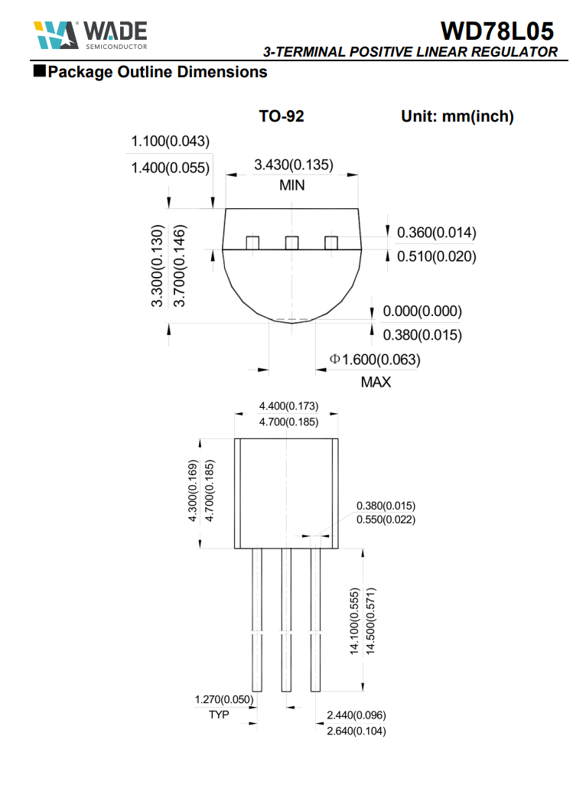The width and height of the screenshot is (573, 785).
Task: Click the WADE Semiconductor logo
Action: coord(90,34)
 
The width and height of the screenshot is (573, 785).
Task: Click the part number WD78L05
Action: coord(497,31)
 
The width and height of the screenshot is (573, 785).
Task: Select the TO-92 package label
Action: coord(282,116)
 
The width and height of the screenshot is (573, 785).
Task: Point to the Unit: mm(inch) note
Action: coord(457,116)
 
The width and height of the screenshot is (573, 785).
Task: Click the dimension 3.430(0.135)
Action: coord(293,164)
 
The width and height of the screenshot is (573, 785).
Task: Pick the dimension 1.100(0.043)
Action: coord(170,142)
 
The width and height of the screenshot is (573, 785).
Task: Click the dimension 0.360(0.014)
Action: coord(436,233)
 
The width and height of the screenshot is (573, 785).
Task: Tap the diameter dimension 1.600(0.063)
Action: coord(375,359)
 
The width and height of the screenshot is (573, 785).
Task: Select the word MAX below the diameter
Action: coord(375,382)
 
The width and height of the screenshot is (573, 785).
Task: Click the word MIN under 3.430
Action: coord(291,185)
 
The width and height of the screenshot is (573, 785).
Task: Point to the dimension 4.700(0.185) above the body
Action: coord(288,422)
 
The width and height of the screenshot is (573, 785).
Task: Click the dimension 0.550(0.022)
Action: coord(386,520)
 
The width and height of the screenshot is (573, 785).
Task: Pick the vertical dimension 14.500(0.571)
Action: coord(371,620)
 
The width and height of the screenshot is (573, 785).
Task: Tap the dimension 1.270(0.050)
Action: coord(224,699)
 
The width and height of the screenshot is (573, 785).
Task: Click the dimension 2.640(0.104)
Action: coord(356,731)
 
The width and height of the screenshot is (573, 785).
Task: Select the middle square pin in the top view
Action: coord(291,243)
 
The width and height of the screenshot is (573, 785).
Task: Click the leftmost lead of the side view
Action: coord(257,620)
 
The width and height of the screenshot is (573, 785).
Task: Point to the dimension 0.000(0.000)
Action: coord(422,311)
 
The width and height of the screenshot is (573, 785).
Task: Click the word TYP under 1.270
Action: coord(219,715)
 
